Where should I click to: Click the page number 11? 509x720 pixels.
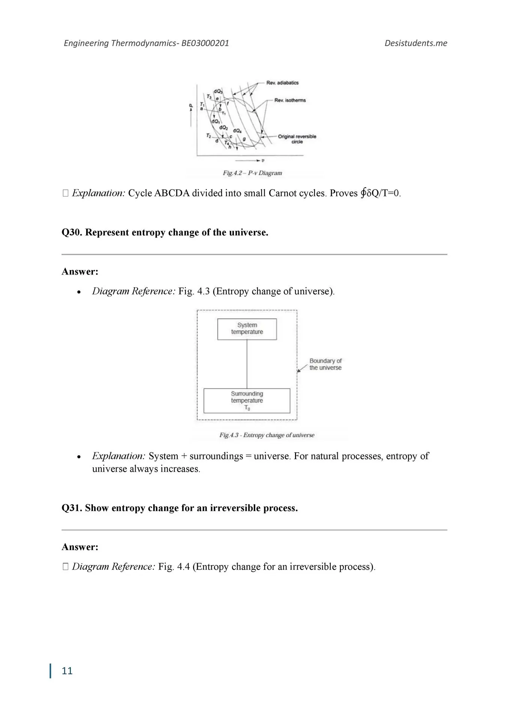pyautogui.click(x=67, y=671)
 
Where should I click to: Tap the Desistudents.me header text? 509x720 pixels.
pyautogui.click(x=416, y=43)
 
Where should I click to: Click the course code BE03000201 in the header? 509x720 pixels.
pyautogui.click(x=205, y=43)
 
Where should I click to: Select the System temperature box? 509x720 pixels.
pyautogui.click(x=247, y=329)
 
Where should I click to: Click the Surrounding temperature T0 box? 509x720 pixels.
pyautogui.click(x=247, y=400)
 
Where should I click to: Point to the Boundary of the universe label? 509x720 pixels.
pyautogui.click(x=325, y=364)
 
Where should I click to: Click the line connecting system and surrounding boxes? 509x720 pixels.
pyautogui.click(x=247, y=364)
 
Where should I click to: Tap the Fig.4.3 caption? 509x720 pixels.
pyautogui.click(x=266, y=435)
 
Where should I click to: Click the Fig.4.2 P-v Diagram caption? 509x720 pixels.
pyautogui.click(x=252, y=173)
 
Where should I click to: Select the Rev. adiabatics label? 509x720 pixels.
pyautogui.click(x=282, y=83)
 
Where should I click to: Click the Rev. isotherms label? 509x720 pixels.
pyautogui.click(x=290, y=100)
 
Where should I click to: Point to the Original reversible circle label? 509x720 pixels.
pyautogui.click(x=297, y=139)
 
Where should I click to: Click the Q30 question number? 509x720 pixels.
pyautogui.click(x=71, y=232)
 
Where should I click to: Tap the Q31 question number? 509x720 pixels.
pyautogui.click(x=71, y=508)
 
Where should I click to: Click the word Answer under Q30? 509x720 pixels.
pyautogui.click(x=80, y=271)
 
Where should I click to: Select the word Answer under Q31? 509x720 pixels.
pyautogui.click(x=80, y=547)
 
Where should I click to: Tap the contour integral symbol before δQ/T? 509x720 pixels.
pyautogui.click(x=363, y=193)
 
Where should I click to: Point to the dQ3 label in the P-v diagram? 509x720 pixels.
pyautogui.click(x=218, y=91)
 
